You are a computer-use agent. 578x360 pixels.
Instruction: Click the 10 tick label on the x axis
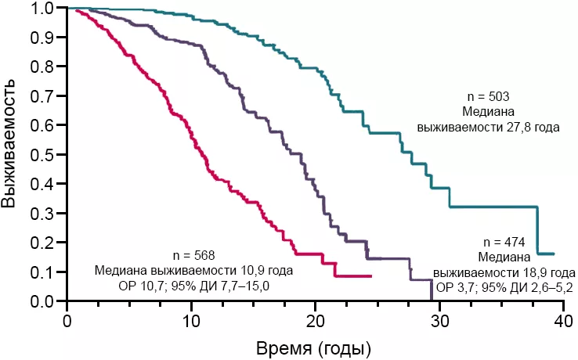[x=191, y=319]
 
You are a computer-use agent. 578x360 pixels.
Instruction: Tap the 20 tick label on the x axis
[x=316, y=319]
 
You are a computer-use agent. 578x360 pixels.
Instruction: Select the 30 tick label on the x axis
[x=440, y=319]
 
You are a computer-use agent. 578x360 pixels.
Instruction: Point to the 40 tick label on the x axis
[x=564, y=319]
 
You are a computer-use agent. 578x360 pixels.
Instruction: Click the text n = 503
[x=487, y=96]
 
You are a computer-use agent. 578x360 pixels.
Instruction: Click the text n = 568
[x=193, y=255]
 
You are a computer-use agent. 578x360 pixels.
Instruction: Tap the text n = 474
[x=506, y=242]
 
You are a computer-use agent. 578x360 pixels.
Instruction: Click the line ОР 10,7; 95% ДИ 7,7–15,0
[x=193, y=286]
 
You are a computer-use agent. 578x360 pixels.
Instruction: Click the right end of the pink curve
[x=371, y=275]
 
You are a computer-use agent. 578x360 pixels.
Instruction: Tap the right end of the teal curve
[x=554, y=254]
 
